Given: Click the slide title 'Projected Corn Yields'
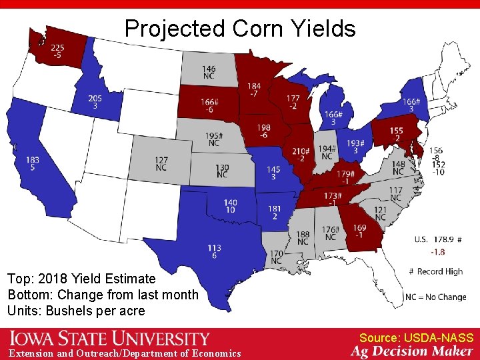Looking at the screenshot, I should pos(240,29).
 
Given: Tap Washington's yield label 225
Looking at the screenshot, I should pos(57,48).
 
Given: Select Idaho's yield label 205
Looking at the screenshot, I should pos(95,99).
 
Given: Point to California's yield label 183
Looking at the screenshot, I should pos(33,161).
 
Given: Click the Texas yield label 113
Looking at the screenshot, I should pos(214,249).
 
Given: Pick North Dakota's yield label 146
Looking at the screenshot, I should pos(209,69).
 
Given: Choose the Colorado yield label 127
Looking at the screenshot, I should pos(160,161).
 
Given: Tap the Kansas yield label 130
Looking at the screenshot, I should pos(222,168).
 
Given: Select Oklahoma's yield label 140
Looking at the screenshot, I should pos(230,203).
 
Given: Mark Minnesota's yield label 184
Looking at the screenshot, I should pos(253,86).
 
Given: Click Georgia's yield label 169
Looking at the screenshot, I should pos(359,228).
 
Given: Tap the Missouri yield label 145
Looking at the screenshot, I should pos(273,170).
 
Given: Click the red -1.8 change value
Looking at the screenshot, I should pos(437,252).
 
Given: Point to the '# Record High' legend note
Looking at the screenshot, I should pos(435,271).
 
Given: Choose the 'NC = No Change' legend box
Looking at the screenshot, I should pos(435,297).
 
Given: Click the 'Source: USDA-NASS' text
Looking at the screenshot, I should pos(416,338).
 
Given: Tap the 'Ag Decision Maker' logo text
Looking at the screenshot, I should pos(412,351).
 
